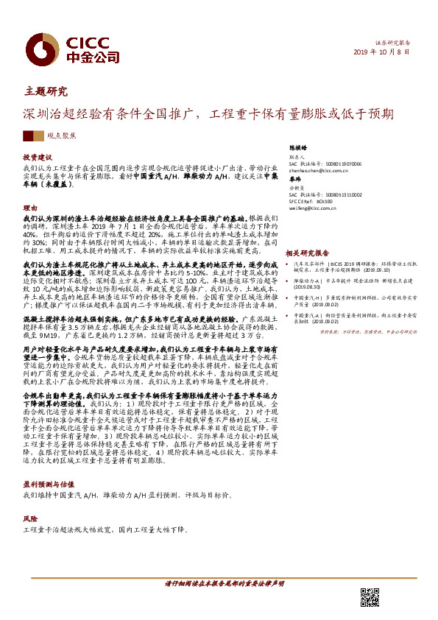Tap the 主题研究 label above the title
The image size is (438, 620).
46,92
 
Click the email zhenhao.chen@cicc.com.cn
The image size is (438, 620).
319,170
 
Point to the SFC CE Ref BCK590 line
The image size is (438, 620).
313,200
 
